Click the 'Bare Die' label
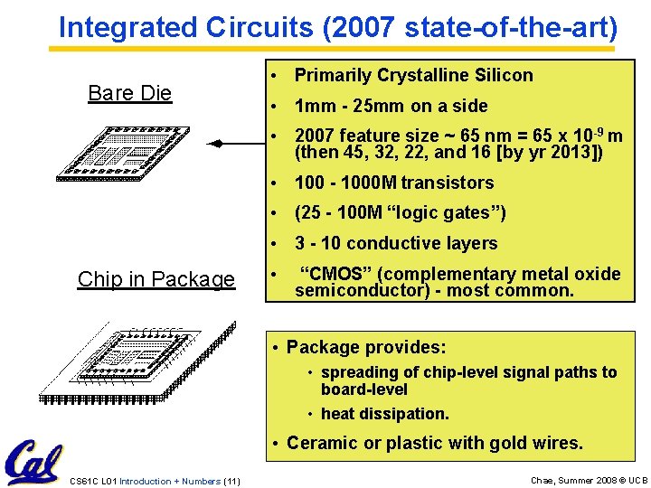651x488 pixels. pyautogui.click(x=129, y=93)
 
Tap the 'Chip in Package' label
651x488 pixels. pyautogui.click(x=156, y=279)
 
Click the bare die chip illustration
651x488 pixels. pyautogui.click(x=130, y=149)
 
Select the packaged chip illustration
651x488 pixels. pyautogui.click(x=138, y=361)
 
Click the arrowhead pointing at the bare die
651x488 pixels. pyautogui.click(x=216, y=144)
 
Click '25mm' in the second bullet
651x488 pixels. pyautogui.click(x=383, y=106)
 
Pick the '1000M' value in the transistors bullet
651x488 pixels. pyautogui.click(x=367, y=183)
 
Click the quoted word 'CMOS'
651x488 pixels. pyautogui.click(x=335, y=274)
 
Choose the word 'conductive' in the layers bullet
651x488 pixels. pyautogui.click(x=390, y=243)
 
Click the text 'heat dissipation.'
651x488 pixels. pyautogui.click(x=384, y=414)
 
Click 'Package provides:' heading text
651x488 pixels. pyautogui.click(x=366, y=347)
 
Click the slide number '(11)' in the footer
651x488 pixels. pyautogui.click(x=231, y=481)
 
